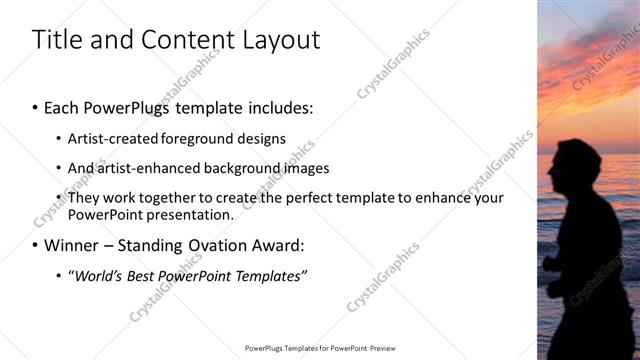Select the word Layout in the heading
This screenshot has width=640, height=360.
click(278, 40)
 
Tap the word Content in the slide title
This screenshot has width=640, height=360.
click(182, 40)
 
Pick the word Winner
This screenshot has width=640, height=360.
click(71, 245)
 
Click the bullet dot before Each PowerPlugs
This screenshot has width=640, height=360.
click(35, 107)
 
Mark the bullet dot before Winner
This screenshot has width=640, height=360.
click(35, 245)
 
